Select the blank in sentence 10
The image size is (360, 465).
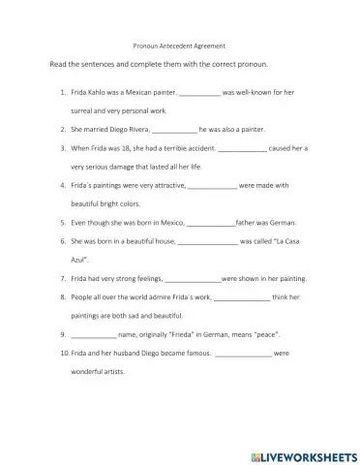pyautogui.click(x=243, y=353)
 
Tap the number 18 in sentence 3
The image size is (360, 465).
pyautogui.click(x=128, y=149)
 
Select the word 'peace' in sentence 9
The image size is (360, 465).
pyautogui.click(x=263, y=334)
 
